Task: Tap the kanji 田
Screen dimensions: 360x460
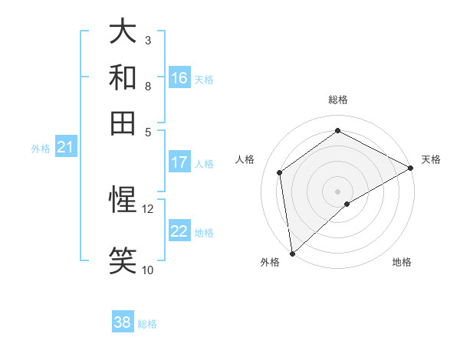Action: [123, 123]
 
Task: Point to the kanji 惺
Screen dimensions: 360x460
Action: [123, 200]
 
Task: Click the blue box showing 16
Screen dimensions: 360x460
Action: [179, 78]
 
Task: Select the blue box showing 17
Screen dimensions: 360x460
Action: [179, 162]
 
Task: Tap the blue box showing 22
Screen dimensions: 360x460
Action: [179, 232]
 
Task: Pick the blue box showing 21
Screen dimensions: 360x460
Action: [65, 148]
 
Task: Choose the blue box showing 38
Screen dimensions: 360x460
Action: [123, 322]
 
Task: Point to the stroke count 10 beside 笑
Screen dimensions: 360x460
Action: [148, 270]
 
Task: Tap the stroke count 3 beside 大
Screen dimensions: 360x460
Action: [148, 40]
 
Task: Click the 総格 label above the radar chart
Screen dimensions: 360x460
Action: [337, 100]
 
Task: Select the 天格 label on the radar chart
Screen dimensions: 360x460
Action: [431, 159]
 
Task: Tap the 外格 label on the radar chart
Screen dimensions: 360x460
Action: [270, 262]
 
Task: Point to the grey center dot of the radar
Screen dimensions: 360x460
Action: [337, 191]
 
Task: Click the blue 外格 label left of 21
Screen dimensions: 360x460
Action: [41, 149]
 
